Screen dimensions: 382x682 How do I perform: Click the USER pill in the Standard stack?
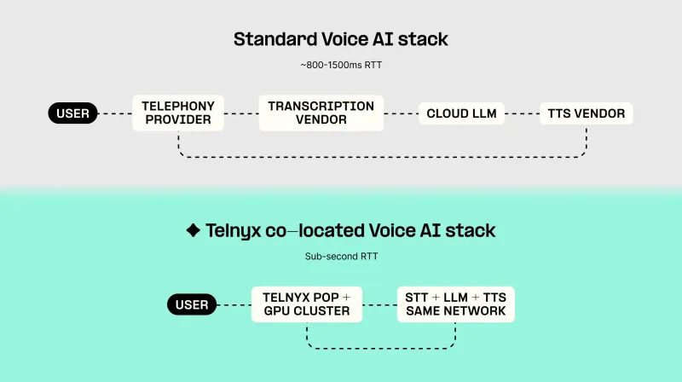(x=73, y=113)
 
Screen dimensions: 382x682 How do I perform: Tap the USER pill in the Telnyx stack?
(x=192, y=304)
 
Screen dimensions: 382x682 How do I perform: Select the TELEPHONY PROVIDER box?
(x=178, y=113)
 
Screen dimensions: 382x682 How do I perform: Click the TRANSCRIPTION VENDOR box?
(x=321, y=113)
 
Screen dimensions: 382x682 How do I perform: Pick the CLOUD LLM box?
(x=461, y=113)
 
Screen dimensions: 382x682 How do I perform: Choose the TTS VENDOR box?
(x=587, y=113)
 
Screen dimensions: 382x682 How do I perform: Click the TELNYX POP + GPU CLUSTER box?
(x=307, y=304)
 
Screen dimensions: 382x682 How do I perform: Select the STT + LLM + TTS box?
(x=457, y=304)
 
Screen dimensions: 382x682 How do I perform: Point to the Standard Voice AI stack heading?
(x=340, y=39)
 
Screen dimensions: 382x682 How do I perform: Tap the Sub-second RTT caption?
(x=340, y=256)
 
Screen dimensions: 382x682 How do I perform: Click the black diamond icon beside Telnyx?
(x=194, y=230)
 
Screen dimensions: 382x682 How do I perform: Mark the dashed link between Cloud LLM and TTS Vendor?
(x=522, y=113)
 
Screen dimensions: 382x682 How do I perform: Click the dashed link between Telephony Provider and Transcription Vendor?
(x=241, y=113)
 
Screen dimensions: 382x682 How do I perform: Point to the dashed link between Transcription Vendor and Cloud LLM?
(x=401, y=113)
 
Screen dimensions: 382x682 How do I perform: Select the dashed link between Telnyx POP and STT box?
(x=380, y=304)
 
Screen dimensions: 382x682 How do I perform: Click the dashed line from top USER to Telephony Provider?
(x=115, y=113)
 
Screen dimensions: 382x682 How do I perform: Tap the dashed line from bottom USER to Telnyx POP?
(x=234, y=304)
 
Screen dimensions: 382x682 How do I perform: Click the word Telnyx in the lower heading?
(x=235, y=230)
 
